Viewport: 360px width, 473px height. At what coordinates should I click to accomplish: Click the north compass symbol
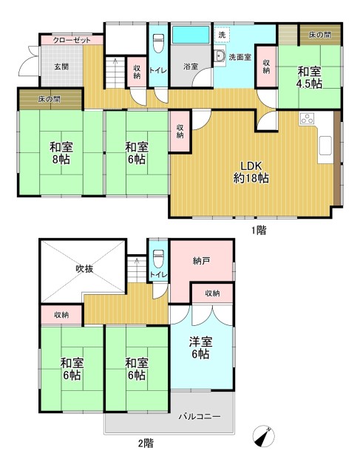(263, 437)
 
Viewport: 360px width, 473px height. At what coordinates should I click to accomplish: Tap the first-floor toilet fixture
(158, 43)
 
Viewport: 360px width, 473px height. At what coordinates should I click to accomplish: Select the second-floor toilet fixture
(158, 258)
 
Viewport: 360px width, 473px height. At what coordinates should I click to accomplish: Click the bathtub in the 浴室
(191, 35)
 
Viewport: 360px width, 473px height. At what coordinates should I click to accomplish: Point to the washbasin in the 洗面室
(220, 56)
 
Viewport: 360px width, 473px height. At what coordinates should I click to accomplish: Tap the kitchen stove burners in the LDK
(307, 118)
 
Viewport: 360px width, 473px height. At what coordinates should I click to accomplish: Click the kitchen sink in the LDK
(325, 145)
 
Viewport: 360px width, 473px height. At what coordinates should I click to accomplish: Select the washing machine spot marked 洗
(222, 34)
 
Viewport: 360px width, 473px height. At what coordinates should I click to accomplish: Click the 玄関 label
(61, 67)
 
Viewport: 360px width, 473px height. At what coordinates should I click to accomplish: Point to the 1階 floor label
(259, 231)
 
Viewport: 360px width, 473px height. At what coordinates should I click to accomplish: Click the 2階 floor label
(146, 443)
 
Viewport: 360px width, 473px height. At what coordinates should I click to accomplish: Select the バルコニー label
(200, 417)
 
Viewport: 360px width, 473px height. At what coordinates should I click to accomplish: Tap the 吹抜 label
(84, 269)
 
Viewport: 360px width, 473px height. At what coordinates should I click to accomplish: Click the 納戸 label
(201, 261)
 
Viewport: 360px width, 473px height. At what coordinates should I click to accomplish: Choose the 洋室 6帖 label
(200, 348)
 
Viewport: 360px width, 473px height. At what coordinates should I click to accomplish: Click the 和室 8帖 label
(61, 153)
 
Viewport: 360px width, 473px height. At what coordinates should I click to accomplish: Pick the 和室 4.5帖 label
(309, 78)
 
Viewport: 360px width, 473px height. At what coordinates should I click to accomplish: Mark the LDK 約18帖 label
(251, 172)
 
